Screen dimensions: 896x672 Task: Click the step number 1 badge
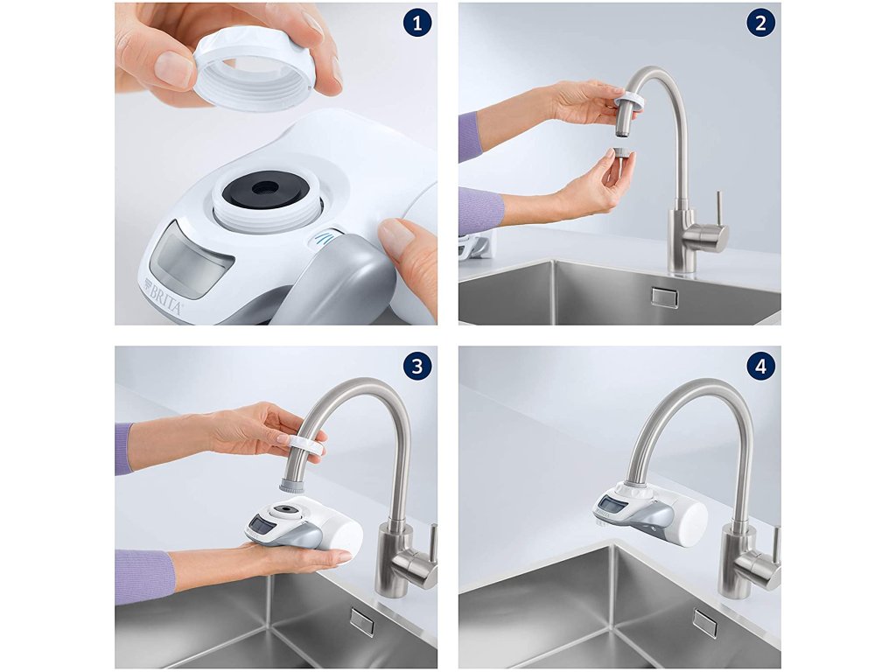coord(417,24)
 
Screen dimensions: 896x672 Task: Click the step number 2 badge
coord(760,24)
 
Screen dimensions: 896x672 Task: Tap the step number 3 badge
coord(417,367)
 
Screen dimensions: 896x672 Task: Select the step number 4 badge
coord(760,367)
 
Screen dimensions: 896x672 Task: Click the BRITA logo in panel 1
coord(164,297)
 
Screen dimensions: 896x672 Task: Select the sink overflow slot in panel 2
coord(665,297)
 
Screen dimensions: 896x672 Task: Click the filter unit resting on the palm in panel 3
coord(304,526)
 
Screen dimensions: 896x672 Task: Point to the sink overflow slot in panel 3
coord(363,621)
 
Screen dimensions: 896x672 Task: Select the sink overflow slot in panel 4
coord(705,622)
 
